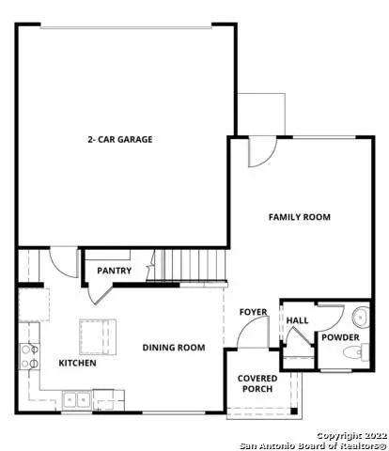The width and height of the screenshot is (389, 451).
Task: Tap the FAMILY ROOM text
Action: [300, 217]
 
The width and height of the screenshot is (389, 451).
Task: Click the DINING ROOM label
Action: [174, 348]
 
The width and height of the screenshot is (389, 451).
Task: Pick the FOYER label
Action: [253, 312]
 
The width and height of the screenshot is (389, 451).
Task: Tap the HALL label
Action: [297, 319]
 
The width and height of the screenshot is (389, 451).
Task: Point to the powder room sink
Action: [361, 317]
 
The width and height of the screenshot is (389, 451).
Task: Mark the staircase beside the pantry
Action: [194, 264]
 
